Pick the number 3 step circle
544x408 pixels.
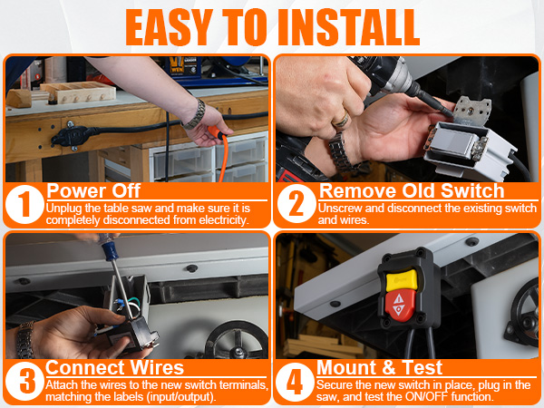[x=23, y=381]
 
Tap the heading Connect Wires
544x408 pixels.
[x=114, y=368]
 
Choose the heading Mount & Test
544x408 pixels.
[x=381, y=368]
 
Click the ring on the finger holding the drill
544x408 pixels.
[x=337, y=119]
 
